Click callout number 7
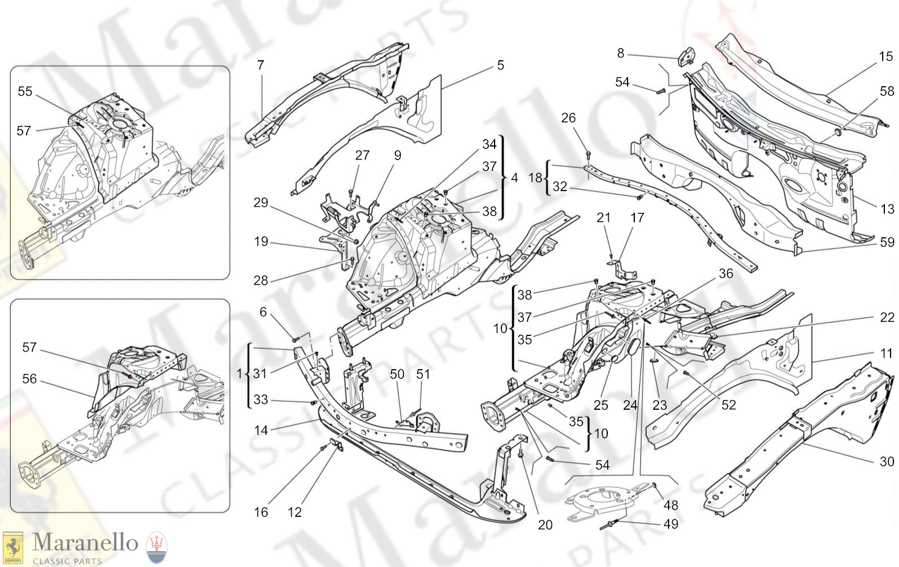tap(261, 65)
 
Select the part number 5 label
tap(500, 65)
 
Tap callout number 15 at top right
tap(885, 56)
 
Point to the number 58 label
tap(887, 91)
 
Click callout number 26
tap(568, 118)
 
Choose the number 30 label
tap(887, 462)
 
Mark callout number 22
tap(887, 317)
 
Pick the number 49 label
tap(671, 524)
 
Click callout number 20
tap(545, 525)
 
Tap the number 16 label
tap(261, 512)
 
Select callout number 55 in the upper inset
tap(25, 91)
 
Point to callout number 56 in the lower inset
tap(29, 379)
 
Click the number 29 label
tap(261, 202)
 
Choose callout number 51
tap(423, 374)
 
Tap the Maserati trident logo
tap(157, 547)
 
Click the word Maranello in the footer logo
tap(85, 542)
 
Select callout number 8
tap(621, 53)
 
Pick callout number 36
tap(726, 273)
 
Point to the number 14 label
tap(261, 430)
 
